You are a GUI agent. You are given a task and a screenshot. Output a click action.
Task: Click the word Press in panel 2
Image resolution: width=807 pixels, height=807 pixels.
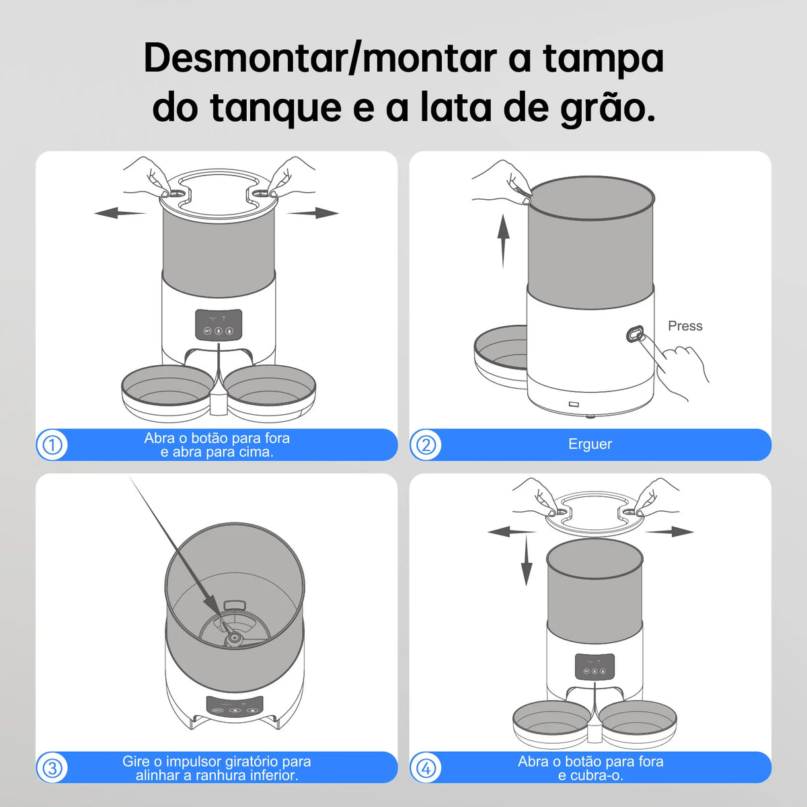click(685, 326)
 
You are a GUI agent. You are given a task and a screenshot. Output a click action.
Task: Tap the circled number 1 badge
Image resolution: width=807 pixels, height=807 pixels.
click(52, 445)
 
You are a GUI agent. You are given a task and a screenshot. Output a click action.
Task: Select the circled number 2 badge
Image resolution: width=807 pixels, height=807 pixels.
click(426, 445)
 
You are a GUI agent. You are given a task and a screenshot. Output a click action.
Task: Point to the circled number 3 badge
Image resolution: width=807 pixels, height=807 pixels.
click(52, 768)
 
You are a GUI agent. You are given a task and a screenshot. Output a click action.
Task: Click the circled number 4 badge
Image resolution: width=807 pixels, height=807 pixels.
click(426, 768)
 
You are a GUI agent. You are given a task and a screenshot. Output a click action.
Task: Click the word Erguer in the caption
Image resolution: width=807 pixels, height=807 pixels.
click(590, 445)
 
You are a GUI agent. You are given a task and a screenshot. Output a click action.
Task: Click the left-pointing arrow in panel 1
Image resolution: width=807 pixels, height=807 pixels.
click(120, 213)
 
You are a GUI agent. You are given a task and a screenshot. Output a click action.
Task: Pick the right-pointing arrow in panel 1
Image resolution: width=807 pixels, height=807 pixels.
click(313, 213)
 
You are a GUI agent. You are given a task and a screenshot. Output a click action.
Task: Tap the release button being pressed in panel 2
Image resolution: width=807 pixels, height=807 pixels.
click(635, 334)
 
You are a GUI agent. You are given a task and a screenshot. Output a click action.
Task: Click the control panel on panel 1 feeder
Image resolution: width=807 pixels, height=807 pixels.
click(219, 325)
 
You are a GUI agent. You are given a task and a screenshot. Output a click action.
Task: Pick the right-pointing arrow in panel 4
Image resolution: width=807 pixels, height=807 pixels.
click(670, 531)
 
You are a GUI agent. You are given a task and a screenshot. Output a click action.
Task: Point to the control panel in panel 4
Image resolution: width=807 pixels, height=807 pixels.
click(594, 666)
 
